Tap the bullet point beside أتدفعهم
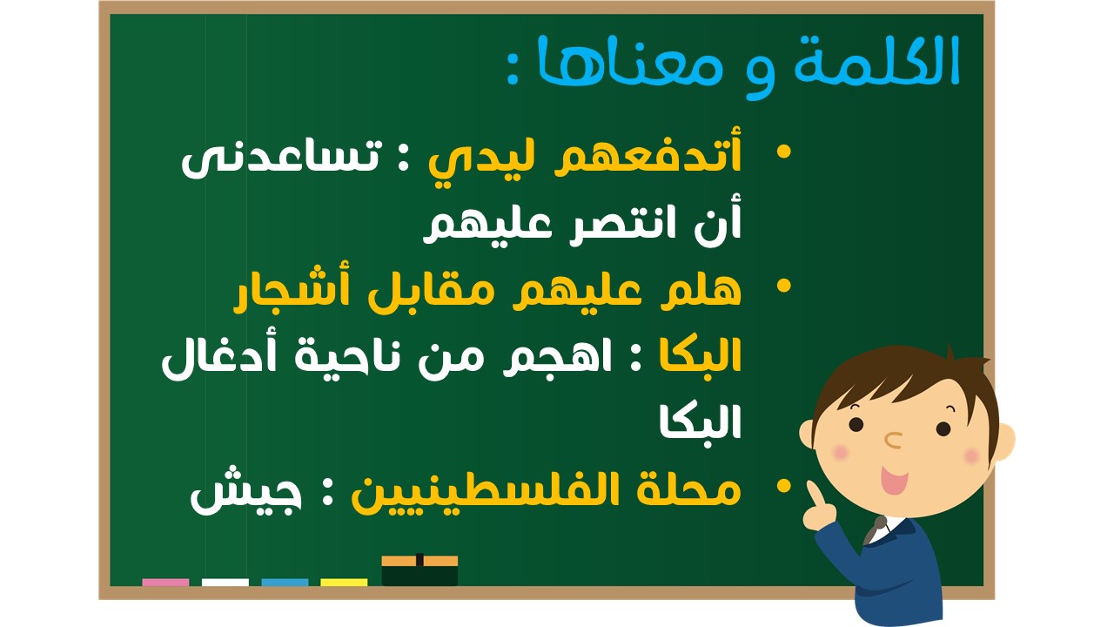(783, 152)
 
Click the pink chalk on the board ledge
(165, 583)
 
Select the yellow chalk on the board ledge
(344, 583)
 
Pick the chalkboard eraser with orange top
(419, 570)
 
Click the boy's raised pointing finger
(814, 495)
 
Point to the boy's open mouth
(894, 479)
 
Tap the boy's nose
(893, 440)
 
